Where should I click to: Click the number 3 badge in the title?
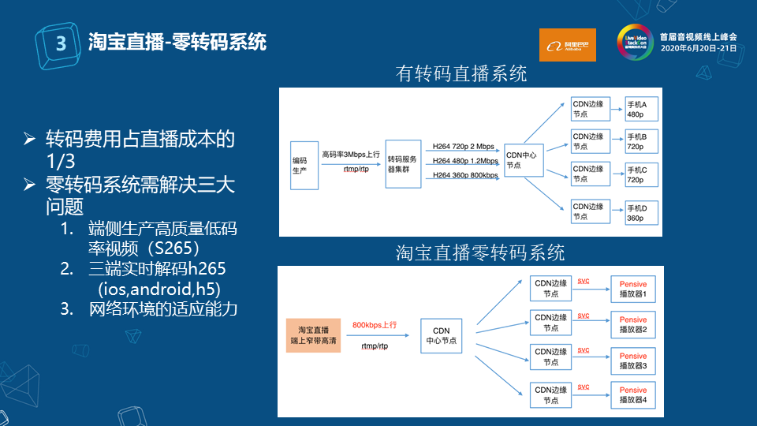60,43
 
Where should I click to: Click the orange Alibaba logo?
567,45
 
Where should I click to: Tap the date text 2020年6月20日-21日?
697,48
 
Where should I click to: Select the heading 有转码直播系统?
461,74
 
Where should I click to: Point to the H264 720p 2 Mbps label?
464,147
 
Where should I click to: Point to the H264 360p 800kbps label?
465,175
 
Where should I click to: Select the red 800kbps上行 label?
375,325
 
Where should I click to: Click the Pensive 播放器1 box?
633,290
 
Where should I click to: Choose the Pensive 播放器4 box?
633,394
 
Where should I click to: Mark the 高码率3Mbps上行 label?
351,155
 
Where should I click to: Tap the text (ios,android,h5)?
158,288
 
